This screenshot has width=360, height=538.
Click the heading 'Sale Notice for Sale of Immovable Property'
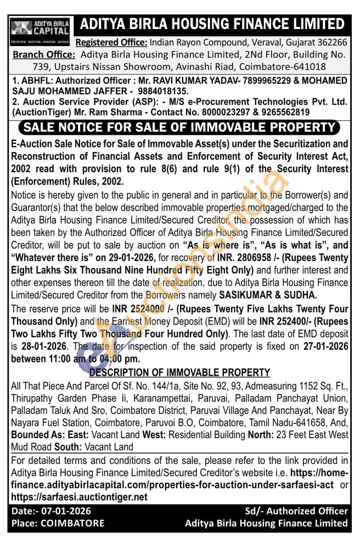click(179, 128)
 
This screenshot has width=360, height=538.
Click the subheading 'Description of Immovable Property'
click(179, 373)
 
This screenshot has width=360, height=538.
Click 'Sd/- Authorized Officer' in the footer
click(296, 511)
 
